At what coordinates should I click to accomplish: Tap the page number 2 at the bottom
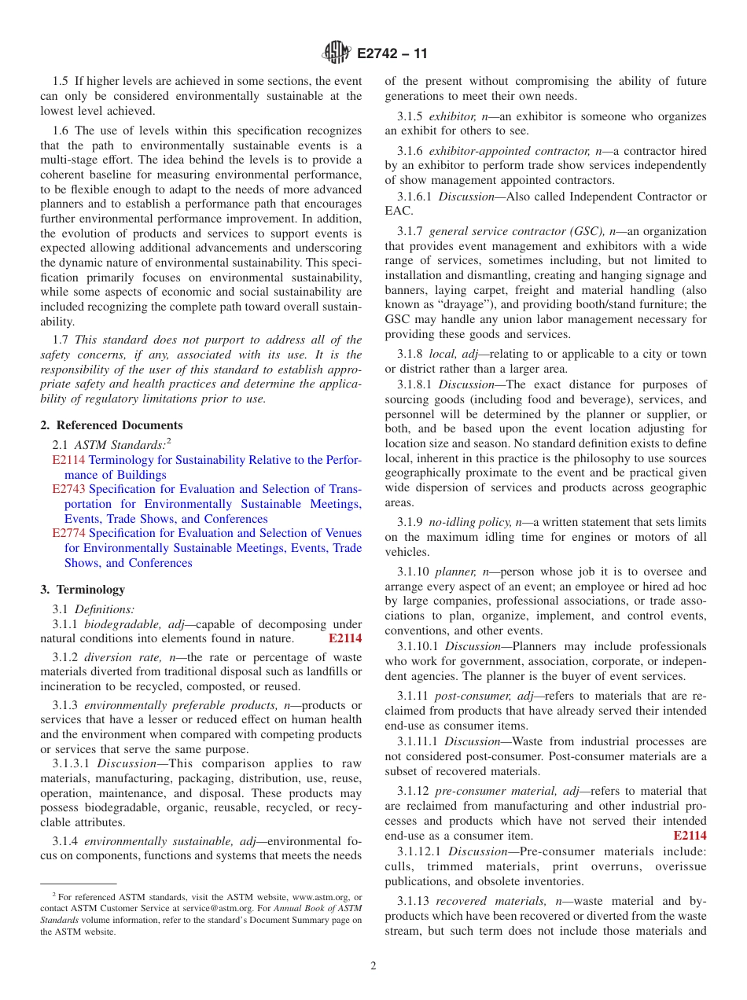coord(373,966)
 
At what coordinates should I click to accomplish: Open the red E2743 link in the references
coord(68,489)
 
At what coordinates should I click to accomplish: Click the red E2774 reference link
coord(68,534)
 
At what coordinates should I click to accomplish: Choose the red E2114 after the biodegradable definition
coord(344,638)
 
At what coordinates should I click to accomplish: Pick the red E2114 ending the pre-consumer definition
coord(690,836)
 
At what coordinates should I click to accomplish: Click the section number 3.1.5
coord(411,116)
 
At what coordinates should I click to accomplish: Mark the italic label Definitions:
coord(105,608)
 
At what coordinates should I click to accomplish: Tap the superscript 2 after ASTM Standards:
coord(169,442)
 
